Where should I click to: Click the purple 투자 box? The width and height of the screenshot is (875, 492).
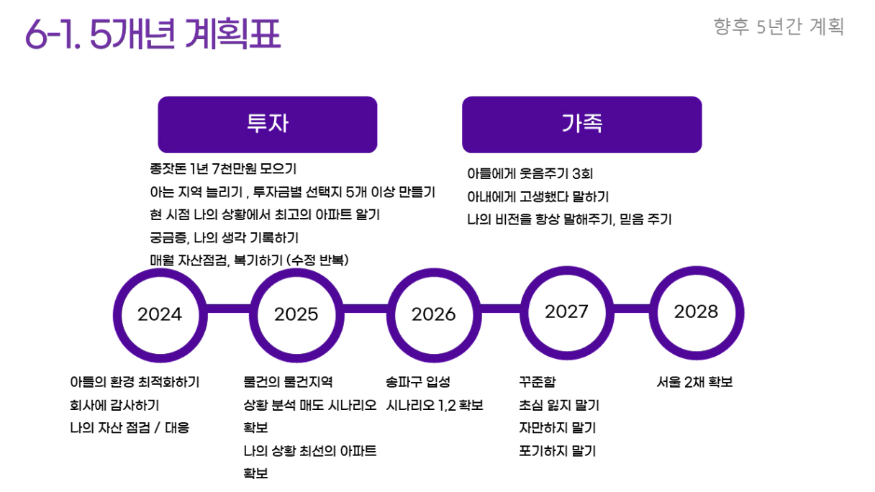click(x=268, y=124)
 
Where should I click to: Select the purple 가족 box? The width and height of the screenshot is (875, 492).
click(x=582, y=124)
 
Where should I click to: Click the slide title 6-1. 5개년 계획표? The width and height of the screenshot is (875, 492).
click(x=153, y=34)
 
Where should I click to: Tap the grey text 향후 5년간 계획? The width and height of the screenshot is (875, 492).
click(x=779, y=27)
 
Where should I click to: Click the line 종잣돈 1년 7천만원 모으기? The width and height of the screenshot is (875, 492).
click(x=224, y=169)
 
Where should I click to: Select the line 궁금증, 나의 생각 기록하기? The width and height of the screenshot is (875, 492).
click(x=225, y=237)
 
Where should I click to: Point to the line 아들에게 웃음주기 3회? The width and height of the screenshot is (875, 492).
click(x=530, y=173)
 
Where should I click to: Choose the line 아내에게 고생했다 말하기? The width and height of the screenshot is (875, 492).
click(x=538, y=196)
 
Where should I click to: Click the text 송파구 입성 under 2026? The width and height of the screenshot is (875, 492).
click(x=418, y=381)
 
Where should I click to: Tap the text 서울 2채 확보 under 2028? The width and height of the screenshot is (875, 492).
click(x=694, y=381)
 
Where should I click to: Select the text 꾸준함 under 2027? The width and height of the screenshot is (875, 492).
click(x=537, y=381)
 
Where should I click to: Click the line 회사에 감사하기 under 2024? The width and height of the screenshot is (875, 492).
click(x=114, y=405)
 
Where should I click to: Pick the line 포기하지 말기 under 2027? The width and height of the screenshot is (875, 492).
click(x=558, y=451)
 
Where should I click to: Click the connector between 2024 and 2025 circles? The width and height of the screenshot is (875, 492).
click(x=229, y=309)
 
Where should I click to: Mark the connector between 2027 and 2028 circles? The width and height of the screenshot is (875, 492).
click(x=632, y=309)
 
